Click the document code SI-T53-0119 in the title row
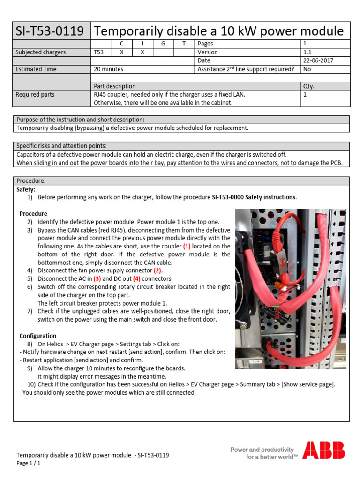pos(50,31)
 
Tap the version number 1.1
pos(307,52)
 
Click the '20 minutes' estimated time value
pos(109,69)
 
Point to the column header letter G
pos(163,44)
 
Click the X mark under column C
pos(121,52)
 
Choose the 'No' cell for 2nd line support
pos(307,69)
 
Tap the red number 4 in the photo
pos(269,345)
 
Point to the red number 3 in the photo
pos(277,315)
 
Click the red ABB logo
pos(323,450)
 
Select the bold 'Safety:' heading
pos(26,189)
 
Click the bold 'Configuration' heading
pos(37,336)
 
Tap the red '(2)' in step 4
pos(157,270)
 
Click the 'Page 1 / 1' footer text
pos(29,463)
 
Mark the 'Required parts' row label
pos(35,95)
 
